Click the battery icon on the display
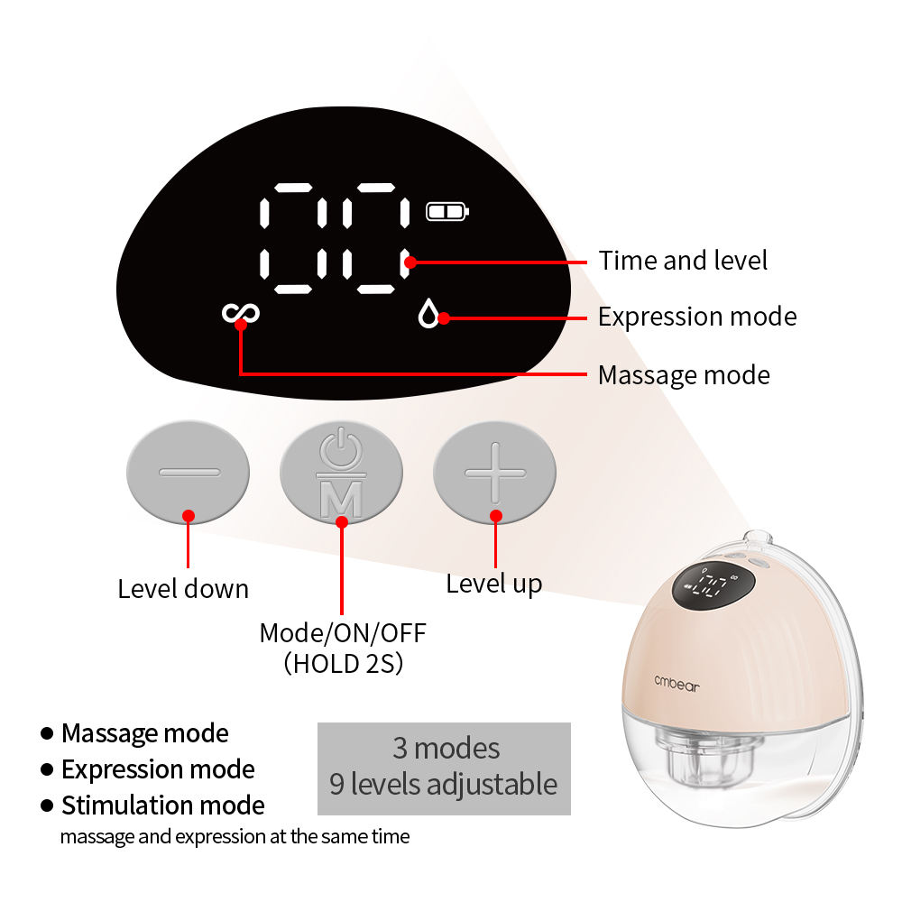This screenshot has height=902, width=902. tap(447, 212)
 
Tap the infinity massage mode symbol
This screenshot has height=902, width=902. tap(241, 313)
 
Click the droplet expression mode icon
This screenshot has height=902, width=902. tap(428, 314)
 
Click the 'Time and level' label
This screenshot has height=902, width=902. tap(683, 261)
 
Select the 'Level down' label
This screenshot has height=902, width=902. tap(183, 589)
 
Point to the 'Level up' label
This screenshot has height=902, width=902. tap(494, 584)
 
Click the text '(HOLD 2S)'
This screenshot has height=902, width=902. tap(343, 664)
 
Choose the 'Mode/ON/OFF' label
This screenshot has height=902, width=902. tap(343, 632)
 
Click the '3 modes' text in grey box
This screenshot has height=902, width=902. tap(446, 748)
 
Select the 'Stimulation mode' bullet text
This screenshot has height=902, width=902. tap(163, 805)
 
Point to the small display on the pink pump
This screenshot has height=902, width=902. tap(712, 588)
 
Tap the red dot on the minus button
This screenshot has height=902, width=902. tap(188, 516)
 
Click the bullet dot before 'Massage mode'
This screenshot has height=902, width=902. tap(46, 733)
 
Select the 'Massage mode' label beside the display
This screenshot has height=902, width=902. tap(684, 374)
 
